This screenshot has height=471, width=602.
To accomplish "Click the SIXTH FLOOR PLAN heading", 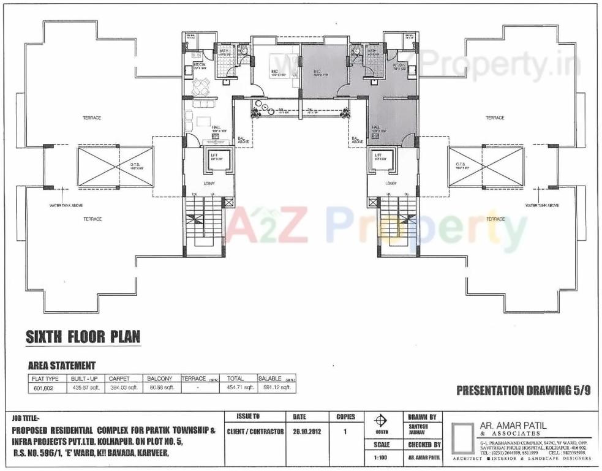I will [83, 337].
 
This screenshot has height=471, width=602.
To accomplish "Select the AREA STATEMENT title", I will [62, 366].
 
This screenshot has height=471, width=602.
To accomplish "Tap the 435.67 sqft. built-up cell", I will [85, 388].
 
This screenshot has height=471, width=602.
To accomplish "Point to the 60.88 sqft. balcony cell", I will [161, 388].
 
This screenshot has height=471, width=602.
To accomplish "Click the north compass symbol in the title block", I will [381, 421].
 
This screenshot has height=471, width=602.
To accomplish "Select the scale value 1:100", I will [381, 458].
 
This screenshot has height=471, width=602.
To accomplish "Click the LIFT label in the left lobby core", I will [214, 156].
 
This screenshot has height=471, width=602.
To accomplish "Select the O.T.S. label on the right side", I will [461, 164].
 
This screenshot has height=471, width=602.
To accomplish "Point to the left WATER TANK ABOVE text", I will [66, 206].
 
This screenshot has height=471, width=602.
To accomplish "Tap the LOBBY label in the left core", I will [208, 183].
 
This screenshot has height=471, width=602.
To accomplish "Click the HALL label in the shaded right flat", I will [376, 127].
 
